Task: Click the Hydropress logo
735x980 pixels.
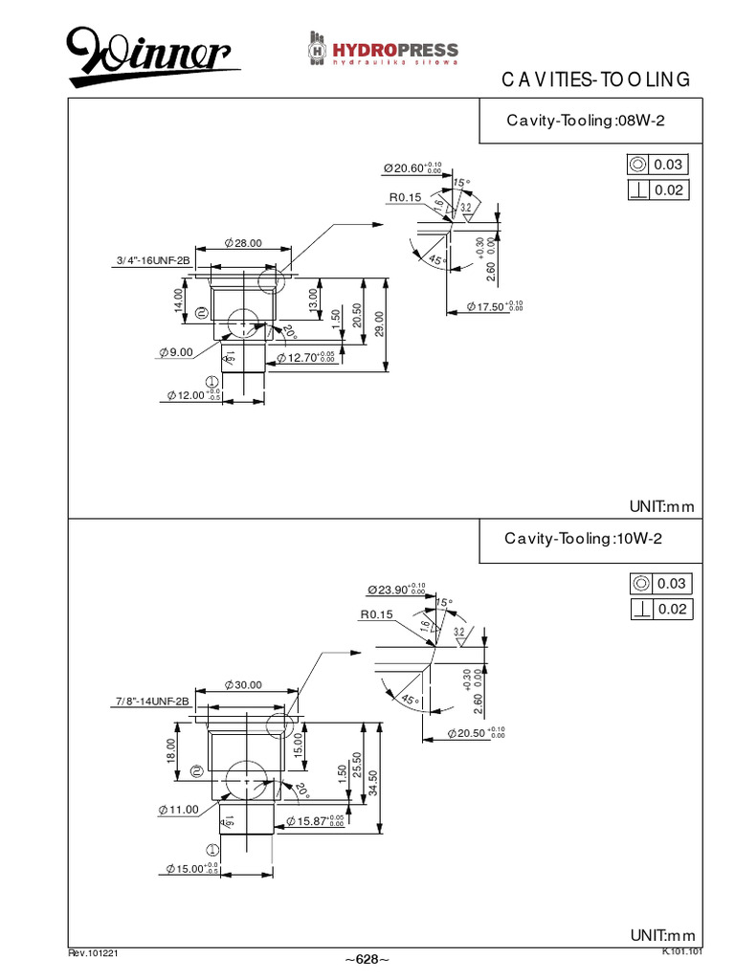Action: tap(383, 50)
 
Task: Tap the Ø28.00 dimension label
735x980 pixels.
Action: tap(242, 243)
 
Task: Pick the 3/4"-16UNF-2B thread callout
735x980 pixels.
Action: tap(153, 260)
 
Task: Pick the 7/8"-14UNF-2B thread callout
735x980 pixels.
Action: tap(152, 702)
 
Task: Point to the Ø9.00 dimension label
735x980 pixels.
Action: tap(177, 352)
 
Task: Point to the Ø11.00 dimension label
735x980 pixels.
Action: tap(178, 809)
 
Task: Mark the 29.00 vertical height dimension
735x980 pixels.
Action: tap(380, 323)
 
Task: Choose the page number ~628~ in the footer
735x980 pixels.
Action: tap(367, 959)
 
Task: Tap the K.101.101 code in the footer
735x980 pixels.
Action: tap(682, 951)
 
